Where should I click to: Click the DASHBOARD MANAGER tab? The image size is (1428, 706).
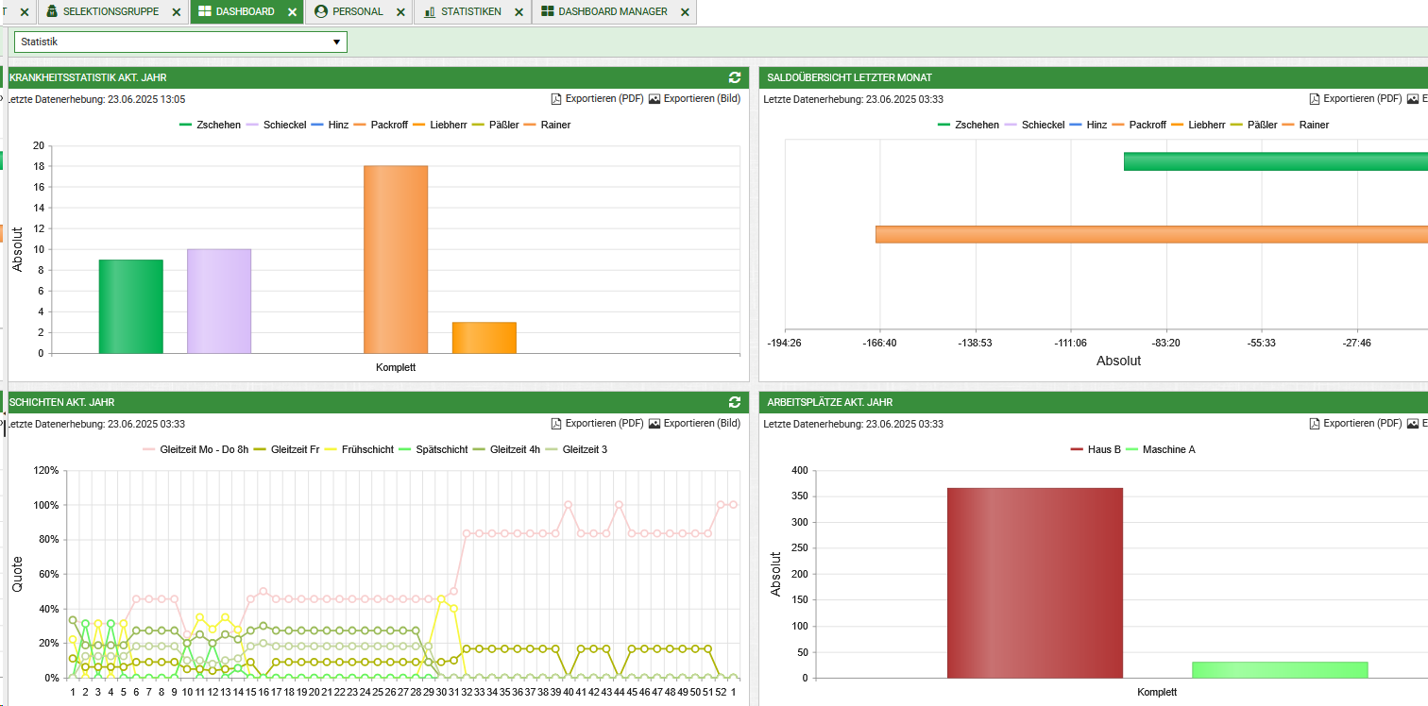612,11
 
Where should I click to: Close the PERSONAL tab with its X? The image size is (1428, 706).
400,12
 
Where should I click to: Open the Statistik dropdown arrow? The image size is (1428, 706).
336,42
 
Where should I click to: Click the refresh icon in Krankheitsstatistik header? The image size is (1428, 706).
735,77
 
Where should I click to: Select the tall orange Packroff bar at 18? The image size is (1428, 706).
395,260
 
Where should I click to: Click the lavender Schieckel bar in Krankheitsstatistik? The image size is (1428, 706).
219,301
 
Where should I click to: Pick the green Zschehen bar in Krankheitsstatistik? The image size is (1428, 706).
130,307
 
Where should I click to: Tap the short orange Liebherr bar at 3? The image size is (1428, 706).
484,338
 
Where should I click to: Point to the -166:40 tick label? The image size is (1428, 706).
879,343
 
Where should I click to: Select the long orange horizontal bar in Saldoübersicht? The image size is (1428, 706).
1151,234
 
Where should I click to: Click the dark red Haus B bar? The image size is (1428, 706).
1035,583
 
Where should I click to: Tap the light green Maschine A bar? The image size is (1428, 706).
1280,670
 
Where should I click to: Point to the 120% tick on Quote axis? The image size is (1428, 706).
46,470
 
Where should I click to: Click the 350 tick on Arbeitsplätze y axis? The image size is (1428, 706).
799,496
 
